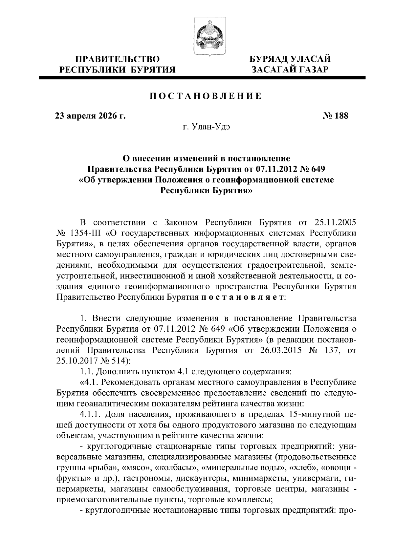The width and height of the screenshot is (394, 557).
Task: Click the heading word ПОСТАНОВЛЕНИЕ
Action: tap(206, 96)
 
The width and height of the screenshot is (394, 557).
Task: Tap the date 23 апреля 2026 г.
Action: tap(90, 115)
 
